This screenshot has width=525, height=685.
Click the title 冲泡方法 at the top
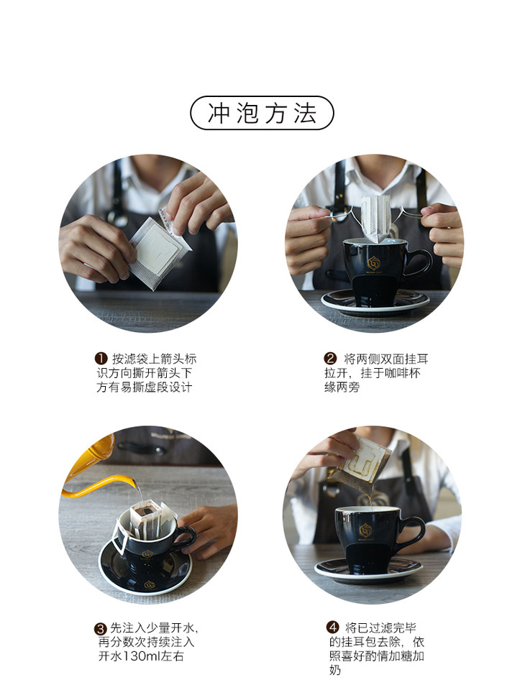[262, 113]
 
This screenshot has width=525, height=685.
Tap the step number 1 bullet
[101, 359]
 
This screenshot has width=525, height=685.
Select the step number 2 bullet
[330, 359]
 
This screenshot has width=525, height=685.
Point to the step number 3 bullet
[101, 629]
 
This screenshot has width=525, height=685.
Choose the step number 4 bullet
[333, 627]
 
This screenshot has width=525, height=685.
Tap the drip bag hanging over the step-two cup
[375, 218]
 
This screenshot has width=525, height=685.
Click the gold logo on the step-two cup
[374, 262]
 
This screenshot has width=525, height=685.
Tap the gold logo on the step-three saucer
[150, 584]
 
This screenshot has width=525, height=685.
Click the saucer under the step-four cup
[368, 569]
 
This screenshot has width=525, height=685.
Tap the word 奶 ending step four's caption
[335, 670]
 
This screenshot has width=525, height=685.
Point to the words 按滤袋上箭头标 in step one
[155, 359]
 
